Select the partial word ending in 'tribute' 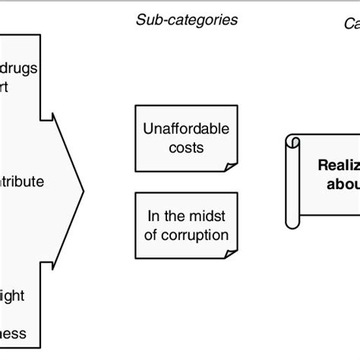(x=22, y=182)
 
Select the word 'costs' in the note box (x=183, y=147)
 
